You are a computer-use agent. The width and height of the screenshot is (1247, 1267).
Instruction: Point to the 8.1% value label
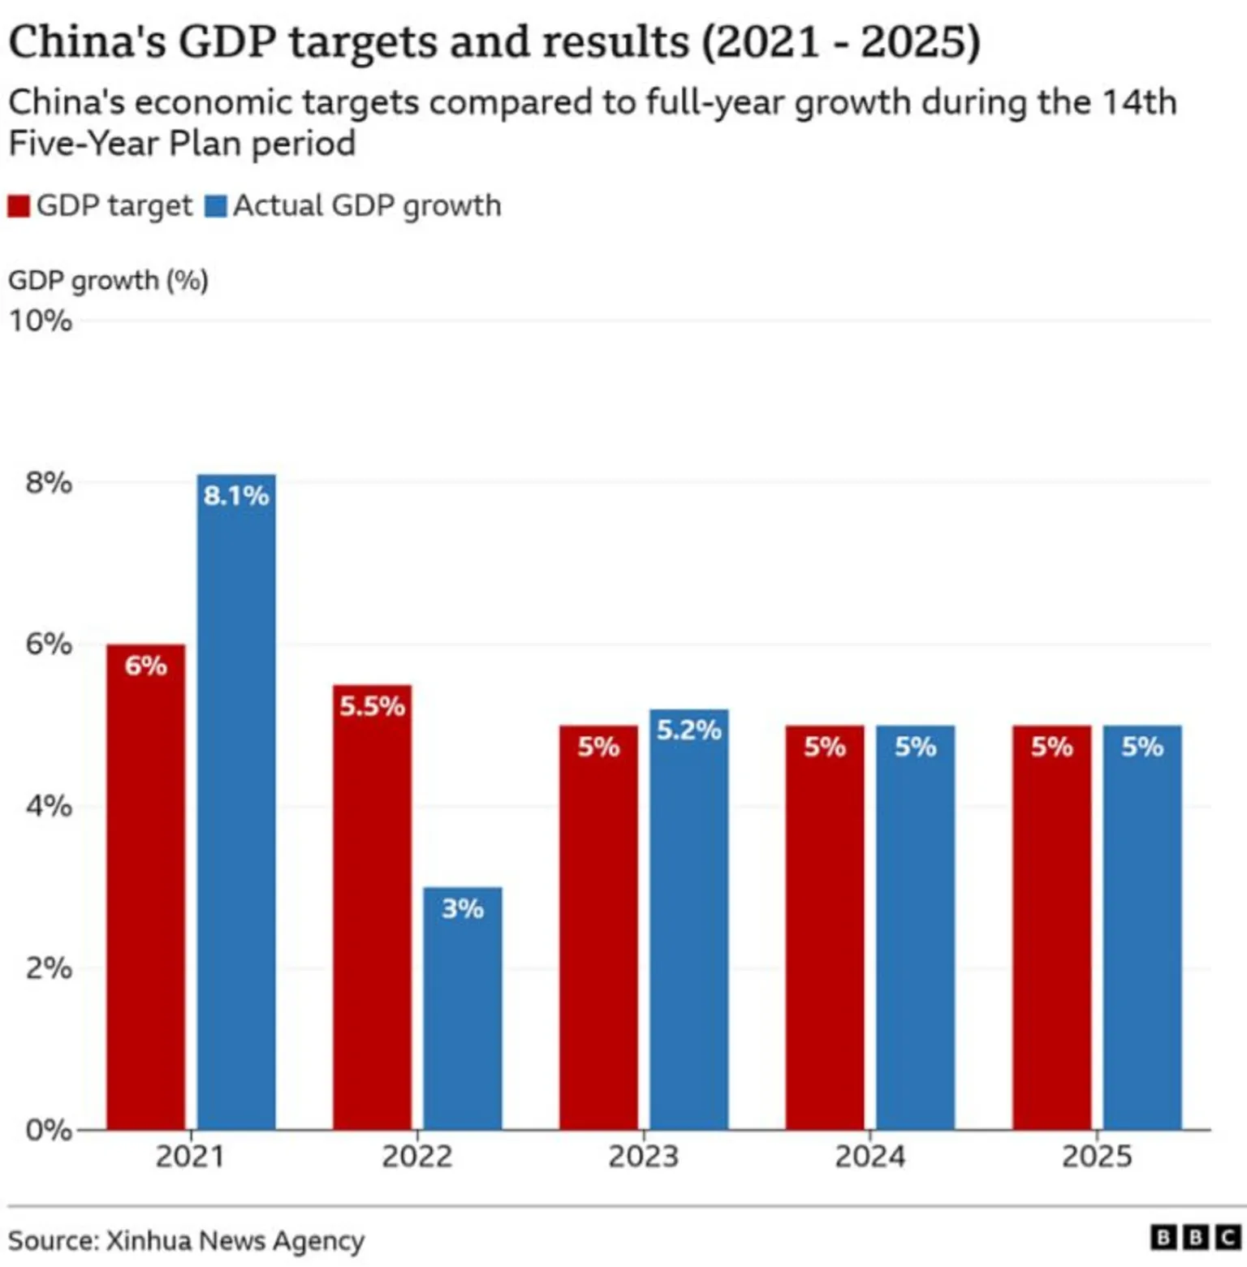click(236, 495)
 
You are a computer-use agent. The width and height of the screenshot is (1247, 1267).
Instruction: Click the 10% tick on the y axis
click(41, 321)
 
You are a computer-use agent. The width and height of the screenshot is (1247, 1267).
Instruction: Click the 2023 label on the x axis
click(643, 1156)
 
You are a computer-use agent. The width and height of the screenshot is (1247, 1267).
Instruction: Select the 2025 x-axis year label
click(1096, 1156)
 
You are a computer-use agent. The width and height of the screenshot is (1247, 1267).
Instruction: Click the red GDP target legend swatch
click(19, 206)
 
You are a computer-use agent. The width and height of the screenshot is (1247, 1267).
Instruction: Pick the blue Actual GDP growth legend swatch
click(216, 206)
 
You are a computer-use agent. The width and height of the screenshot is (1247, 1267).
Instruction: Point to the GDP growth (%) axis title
click(109, 281)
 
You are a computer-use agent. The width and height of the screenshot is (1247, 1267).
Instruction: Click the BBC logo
click(1195, 1238)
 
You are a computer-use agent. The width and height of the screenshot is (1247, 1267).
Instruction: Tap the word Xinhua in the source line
click(149, 1241)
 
